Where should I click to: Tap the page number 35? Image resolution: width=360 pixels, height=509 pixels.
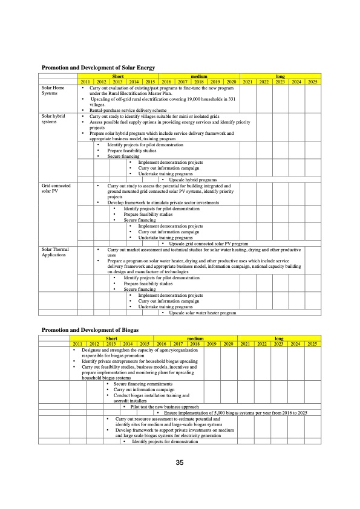coord(180,462)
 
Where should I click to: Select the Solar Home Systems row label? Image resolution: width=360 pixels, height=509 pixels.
coord(53,91)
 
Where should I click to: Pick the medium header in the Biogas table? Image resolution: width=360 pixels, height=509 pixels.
coord(197,339)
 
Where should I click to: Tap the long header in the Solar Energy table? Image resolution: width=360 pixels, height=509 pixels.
coord(280,76)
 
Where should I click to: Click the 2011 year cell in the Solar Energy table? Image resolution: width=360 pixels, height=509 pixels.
coord(85,82)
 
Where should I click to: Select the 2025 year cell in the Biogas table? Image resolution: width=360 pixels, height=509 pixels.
coord(312,344)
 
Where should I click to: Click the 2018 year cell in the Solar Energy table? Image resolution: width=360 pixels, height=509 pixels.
coord(197,82)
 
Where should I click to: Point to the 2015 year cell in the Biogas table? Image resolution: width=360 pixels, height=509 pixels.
coord(145,344)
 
